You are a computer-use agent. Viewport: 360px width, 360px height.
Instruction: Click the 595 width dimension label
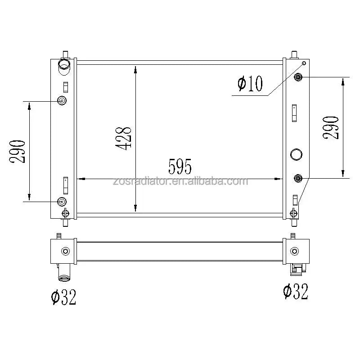(x=180, y=166)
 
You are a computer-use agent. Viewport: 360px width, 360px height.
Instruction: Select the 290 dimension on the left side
(x=17, y=151)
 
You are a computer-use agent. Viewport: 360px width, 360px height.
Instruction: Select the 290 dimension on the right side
(x=331, y=127)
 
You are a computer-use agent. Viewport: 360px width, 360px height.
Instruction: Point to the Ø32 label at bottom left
(x=63, y=297)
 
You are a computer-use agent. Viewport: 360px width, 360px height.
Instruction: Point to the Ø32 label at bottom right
(x=296, y=291)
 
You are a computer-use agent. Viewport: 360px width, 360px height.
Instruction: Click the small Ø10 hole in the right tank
(x=304, y=63)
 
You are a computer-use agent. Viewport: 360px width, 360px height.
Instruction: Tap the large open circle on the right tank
(x=296, y=154)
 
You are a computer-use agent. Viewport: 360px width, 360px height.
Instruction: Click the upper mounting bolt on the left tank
(x=62, y=100)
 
